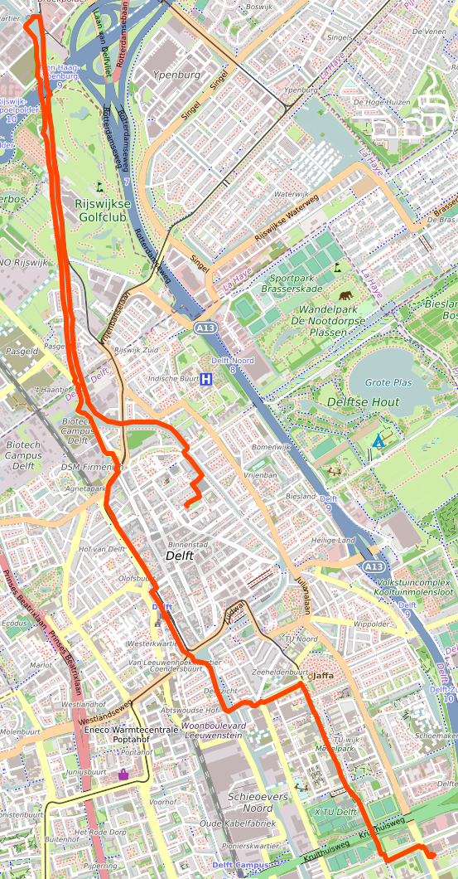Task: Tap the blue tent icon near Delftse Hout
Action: coord(378,440)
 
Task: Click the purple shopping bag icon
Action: coord(123,775)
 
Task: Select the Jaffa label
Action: coord(321,675)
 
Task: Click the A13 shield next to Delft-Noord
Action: coord(205,329)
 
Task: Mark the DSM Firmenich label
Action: coord(91,468)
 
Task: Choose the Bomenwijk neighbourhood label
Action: coord(272,447)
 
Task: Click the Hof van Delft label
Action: coord(101,549)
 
